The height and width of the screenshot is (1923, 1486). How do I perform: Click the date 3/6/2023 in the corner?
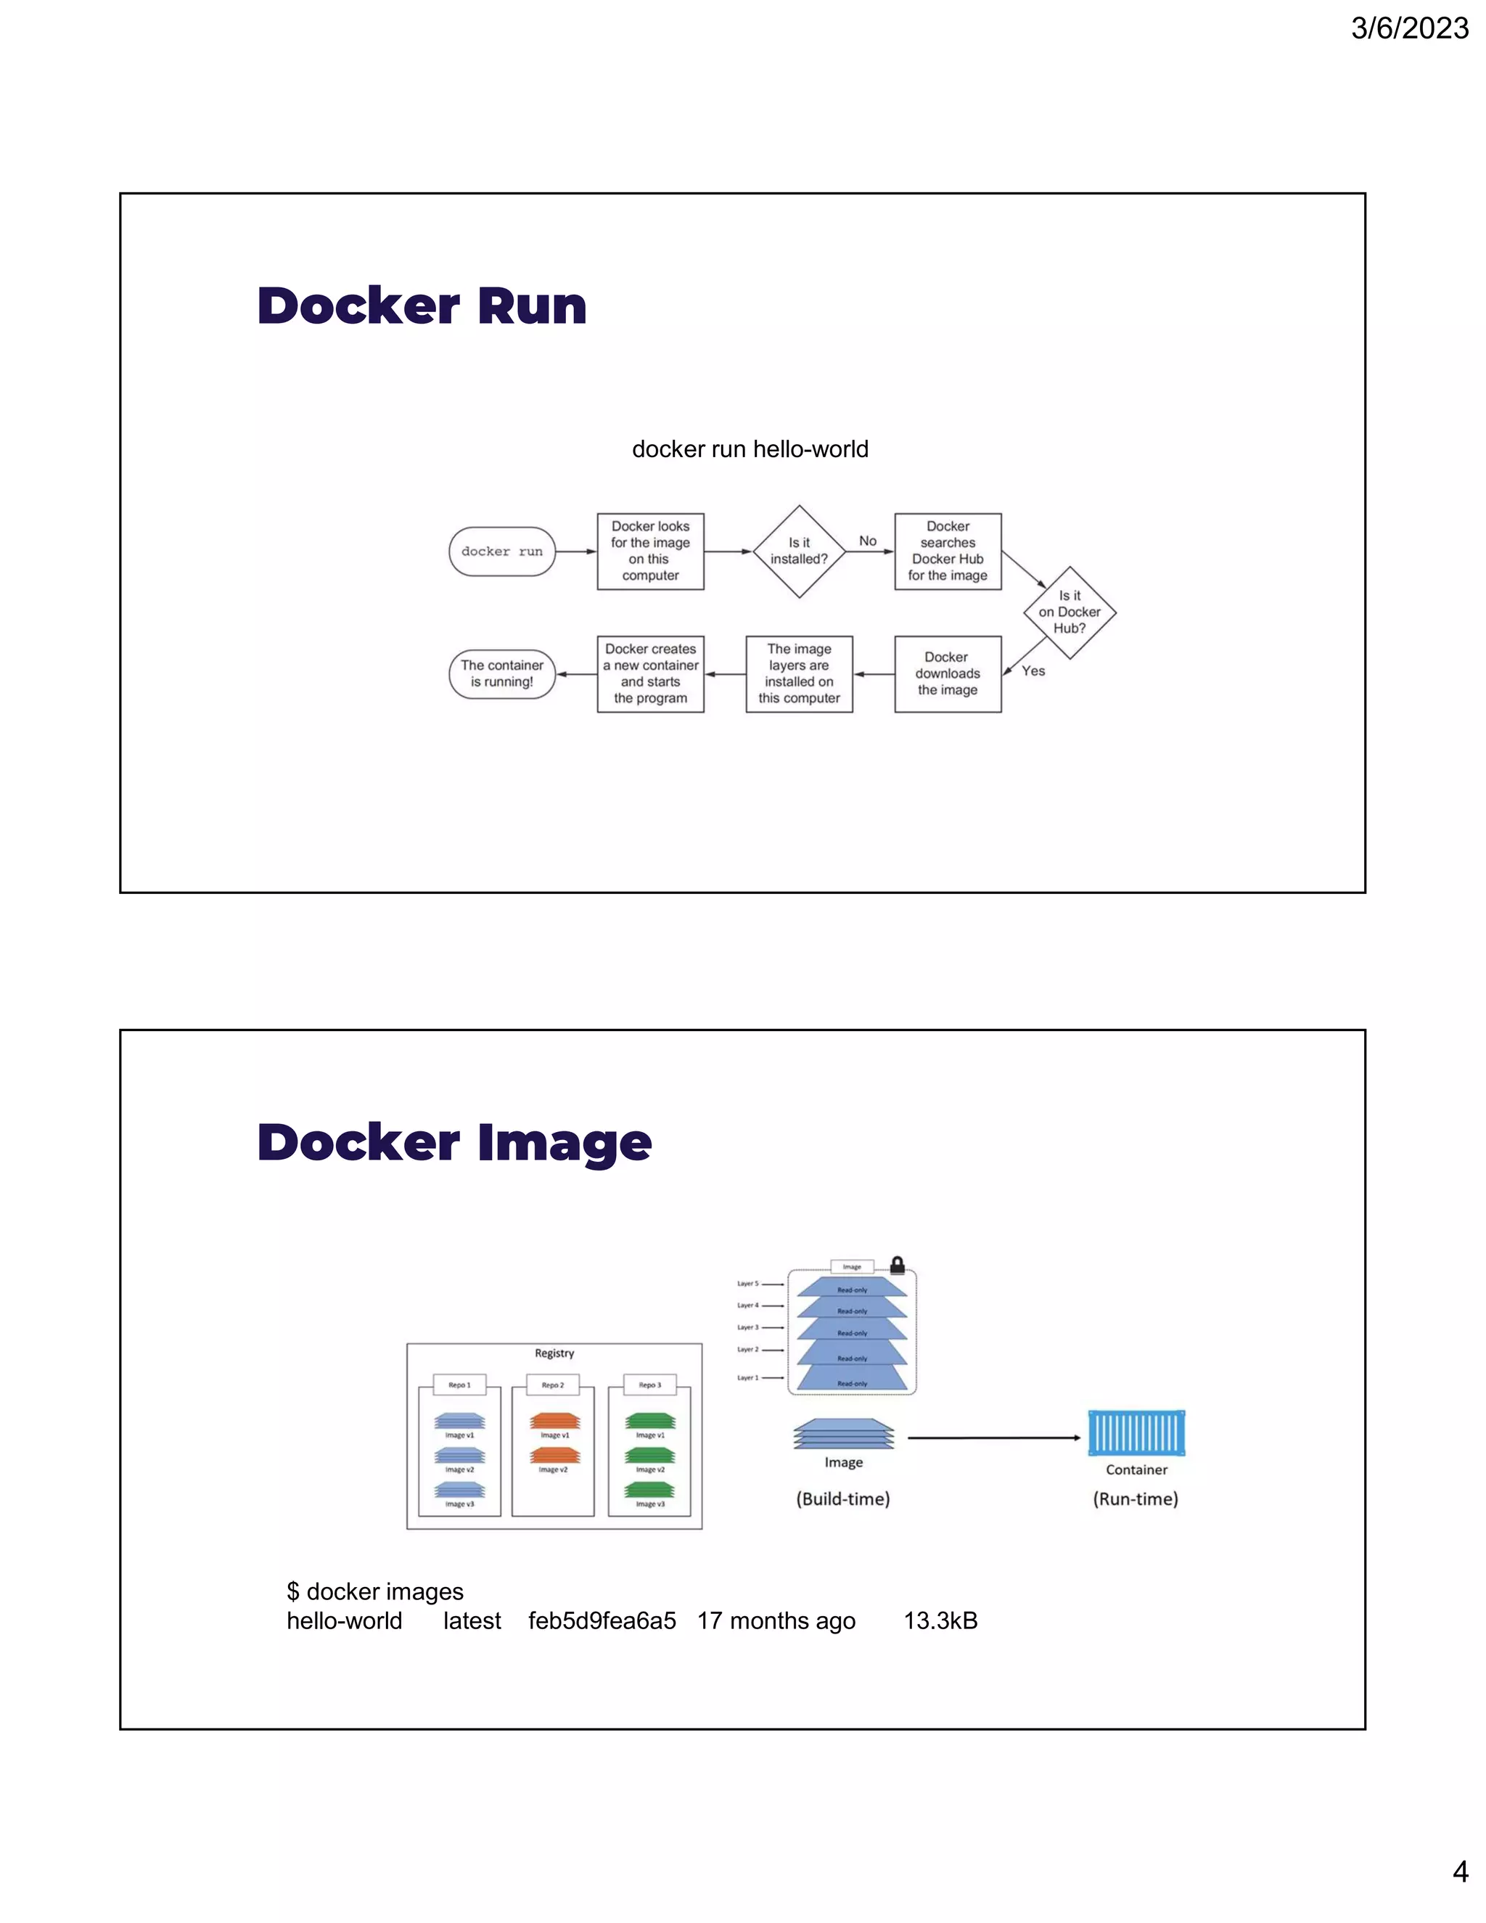[1408, 28]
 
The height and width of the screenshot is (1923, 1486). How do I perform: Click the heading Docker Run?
[422, 306]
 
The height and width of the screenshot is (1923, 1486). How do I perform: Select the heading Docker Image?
[454, 1142]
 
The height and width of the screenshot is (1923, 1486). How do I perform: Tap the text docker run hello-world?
[750, 449]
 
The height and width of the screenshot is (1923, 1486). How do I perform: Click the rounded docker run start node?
[502, 552]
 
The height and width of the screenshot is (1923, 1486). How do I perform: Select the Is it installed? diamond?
[798, 552]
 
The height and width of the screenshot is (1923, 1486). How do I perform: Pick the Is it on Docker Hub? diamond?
[1069, 612]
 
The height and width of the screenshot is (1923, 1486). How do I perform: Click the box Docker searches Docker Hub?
[947, 552]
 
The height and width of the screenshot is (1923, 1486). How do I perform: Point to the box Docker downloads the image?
[947, 673]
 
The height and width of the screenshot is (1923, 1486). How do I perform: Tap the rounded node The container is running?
[502, 673]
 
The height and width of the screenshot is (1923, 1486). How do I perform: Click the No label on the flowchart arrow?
[867, 541]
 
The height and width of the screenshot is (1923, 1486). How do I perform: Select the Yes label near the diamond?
[1033, 671]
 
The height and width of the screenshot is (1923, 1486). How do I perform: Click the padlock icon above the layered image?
[897, 1266]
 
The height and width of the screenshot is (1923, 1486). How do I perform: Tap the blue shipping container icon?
[1136, 1432]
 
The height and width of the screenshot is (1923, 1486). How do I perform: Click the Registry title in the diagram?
[554, 1353]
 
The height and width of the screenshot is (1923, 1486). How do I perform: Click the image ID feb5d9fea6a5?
[602, 1621]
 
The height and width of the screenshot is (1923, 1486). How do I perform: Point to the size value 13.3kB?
[940, 1621]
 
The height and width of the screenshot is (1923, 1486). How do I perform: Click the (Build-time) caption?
[842, 1498]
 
